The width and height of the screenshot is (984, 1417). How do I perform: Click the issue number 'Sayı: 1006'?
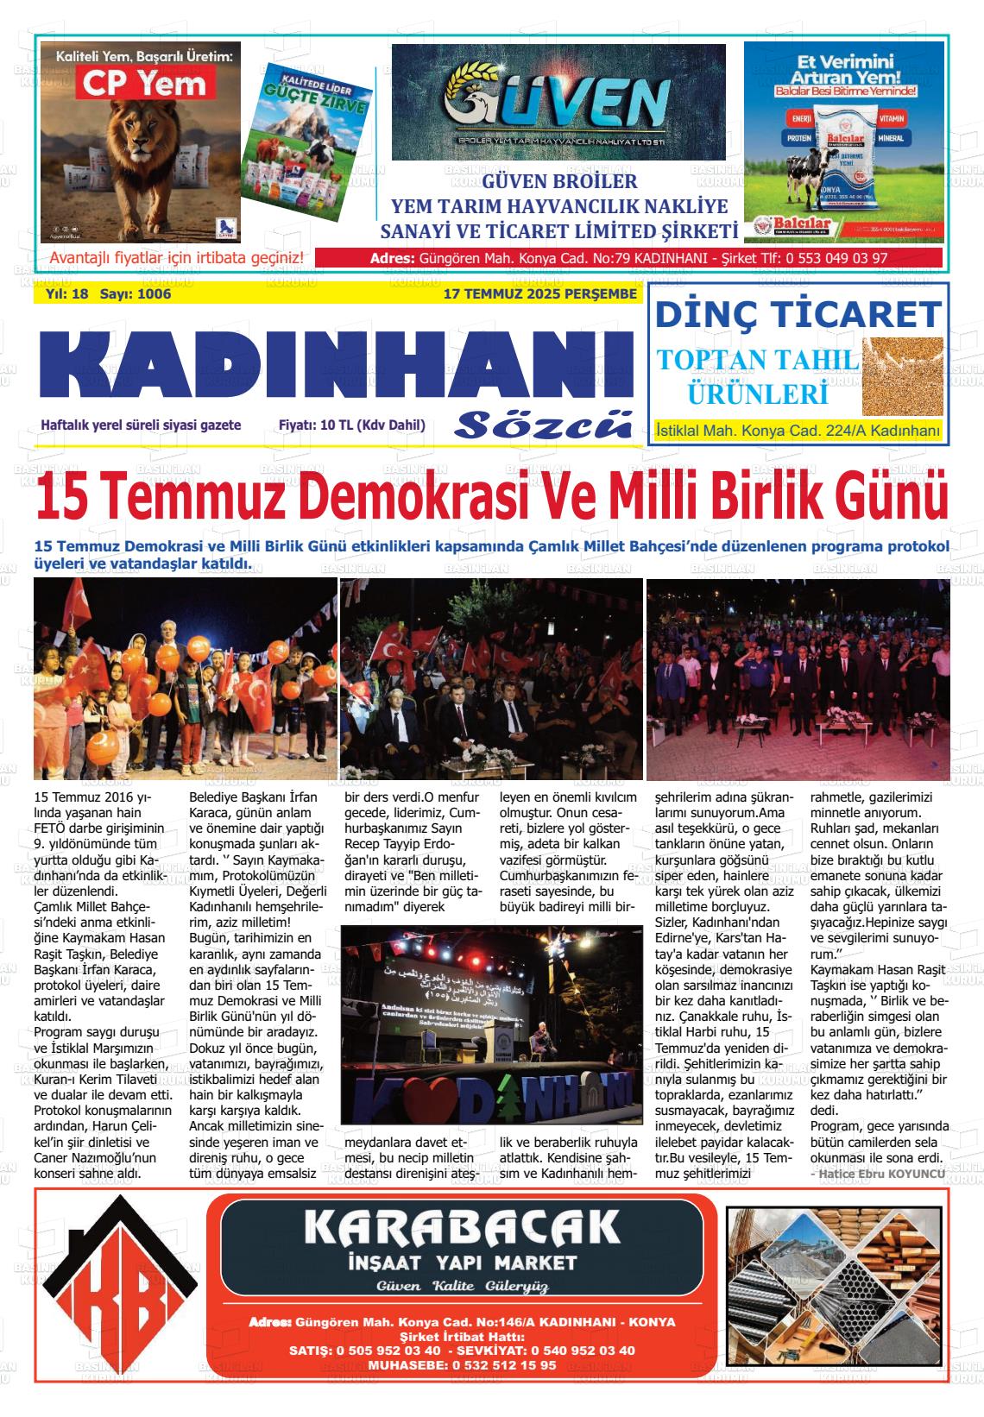[x=136, y=294]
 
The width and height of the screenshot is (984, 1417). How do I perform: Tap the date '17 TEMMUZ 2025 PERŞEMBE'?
[x=539, y=294]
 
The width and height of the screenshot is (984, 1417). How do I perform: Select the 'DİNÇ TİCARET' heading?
[x=797, y=314]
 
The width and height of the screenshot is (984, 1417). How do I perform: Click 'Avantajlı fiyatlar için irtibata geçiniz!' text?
[x=177, y=258]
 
